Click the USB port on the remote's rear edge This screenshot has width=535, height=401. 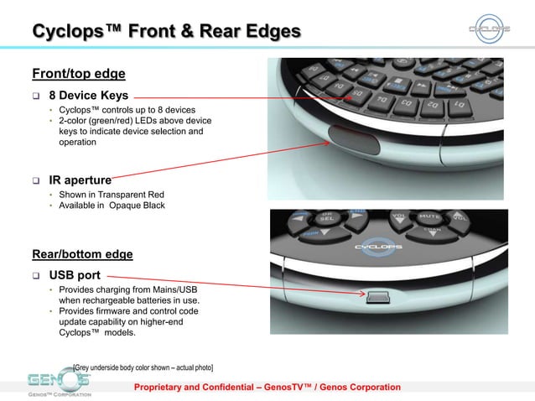coord(376,294)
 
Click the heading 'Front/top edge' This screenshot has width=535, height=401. coord(78,73)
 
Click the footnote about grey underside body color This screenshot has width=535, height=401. coord(143,367)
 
